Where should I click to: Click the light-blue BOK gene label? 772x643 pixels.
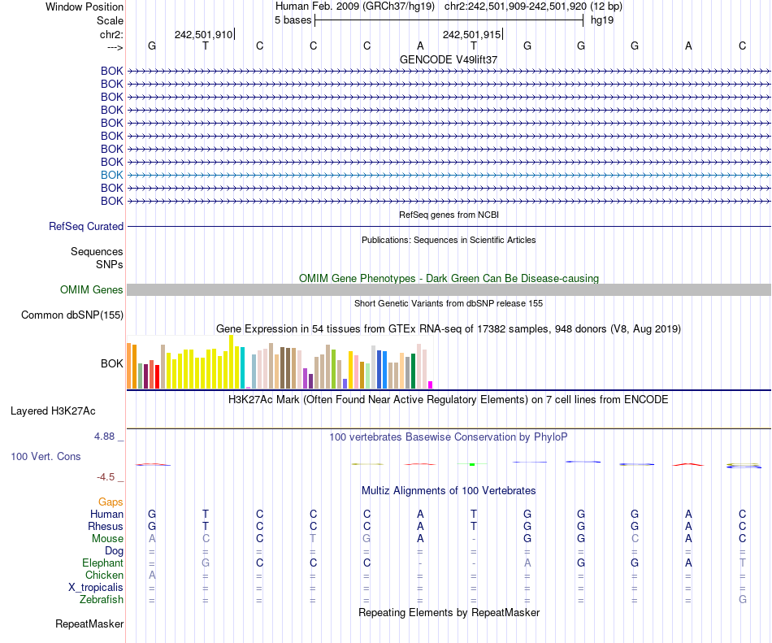coord(112,175)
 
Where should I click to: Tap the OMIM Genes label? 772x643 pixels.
coord(92,290)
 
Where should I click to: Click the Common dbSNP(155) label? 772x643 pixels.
coord(72,315)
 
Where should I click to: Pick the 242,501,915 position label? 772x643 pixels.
coord(471,34)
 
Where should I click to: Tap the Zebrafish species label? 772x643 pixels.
coord(102,600)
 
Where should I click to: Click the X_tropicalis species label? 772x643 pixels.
coord(96,588)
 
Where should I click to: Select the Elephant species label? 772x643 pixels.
coord(102,563)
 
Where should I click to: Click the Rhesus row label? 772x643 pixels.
coord(106,527)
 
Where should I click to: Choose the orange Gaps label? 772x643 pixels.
coord(111,502)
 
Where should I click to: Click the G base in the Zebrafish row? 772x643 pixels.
coord(742,600)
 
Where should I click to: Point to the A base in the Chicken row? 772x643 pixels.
coord(151,576)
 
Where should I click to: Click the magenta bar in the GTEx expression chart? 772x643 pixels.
coord(431,384)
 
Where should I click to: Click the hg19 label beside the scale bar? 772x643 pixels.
coord(602,20)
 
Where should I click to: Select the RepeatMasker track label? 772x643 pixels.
coord(89,624)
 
